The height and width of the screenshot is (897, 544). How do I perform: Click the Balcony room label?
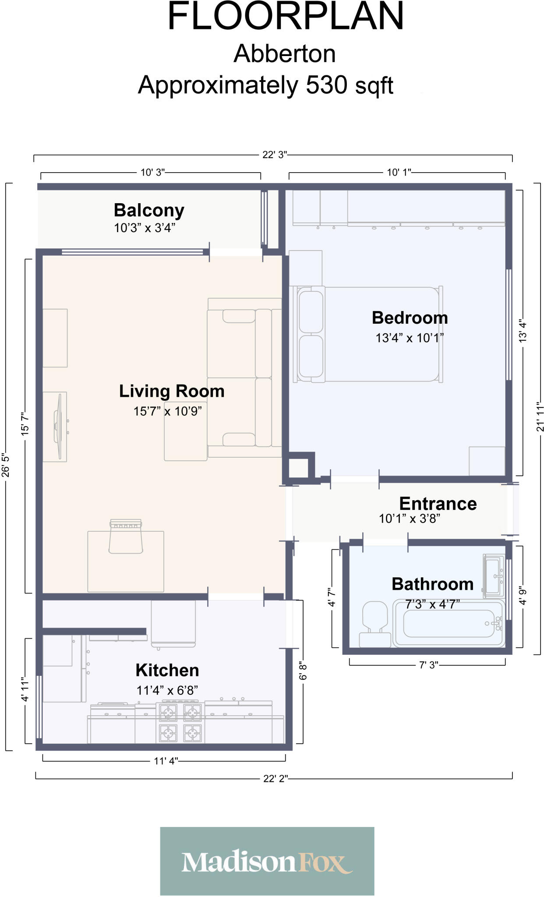[149, 210]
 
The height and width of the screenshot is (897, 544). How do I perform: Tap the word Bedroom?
[410, 318]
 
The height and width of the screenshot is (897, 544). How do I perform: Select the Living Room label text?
[172, 391]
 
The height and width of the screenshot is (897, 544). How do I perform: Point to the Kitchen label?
[167, 670]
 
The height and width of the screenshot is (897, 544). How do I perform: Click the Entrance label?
[438, 504]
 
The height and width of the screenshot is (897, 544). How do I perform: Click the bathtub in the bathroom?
[449, 623]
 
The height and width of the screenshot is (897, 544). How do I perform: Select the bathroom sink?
[494, 576]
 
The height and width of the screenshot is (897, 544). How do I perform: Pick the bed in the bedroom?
[368, 334]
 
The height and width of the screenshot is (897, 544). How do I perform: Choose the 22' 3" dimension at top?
[274, 155]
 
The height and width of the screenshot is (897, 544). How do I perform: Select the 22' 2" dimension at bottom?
[275, 778]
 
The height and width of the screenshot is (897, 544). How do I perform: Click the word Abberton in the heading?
[285, 54]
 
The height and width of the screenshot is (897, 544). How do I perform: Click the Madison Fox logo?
[267, 861]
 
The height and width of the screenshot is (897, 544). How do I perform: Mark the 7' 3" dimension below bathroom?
[428, 665]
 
